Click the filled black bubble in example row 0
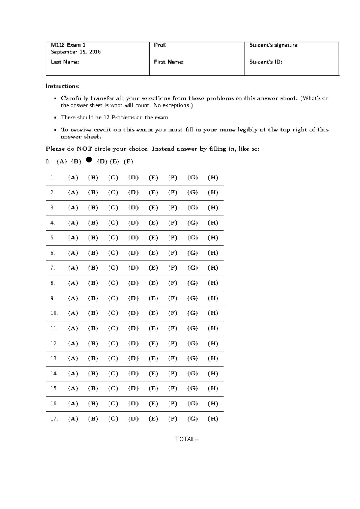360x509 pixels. [x=89, y=160]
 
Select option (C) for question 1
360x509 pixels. [x=113, y=177]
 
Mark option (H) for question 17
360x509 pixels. [x=213, y=419]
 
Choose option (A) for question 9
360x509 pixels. [x=73, y=298]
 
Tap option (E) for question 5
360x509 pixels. [x=153, y=238]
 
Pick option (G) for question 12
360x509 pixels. [x=193, y=343]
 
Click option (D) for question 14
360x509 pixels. [x=133, y=373]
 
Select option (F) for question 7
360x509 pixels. [x=173, y=268]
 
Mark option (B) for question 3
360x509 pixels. [x=93, y=207]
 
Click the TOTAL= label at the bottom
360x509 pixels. [x=187, y=439]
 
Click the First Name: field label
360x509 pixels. [x=169, y=62]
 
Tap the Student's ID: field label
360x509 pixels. [x=266, y=62]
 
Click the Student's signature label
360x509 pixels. [x=273, y=45]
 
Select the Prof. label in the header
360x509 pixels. [x=160, y=45]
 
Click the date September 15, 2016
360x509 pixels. [x=76, y=52]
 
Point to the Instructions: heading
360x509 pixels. [x=63, y=86]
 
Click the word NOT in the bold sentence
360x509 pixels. [x=84, y=149]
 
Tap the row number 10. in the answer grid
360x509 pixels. [x=54, y=313]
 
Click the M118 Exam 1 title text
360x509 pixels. [x=68, y=45]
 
